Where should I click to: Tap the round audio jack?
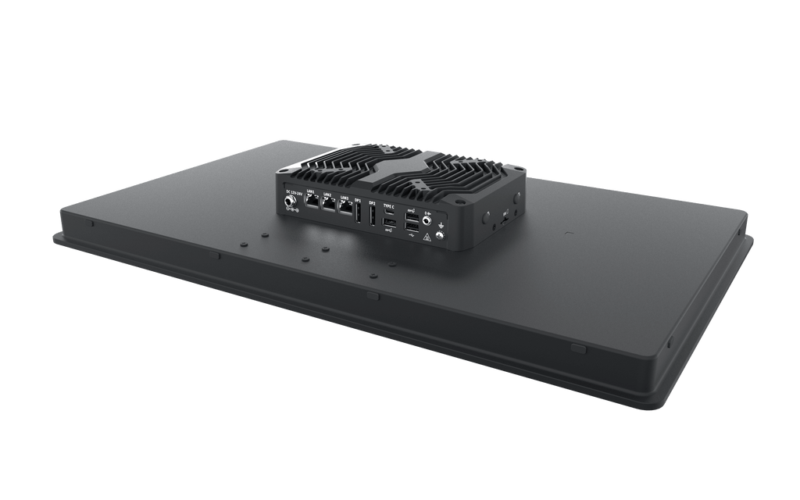tap(426, 220)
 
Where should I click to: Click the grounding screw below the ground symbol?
tap(439, 235)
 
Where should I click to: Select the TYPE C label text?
tap(388, 206)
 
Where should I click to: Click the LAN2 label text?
tap(327, 195)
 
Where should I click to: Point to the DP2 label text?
tap(372, 202)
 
